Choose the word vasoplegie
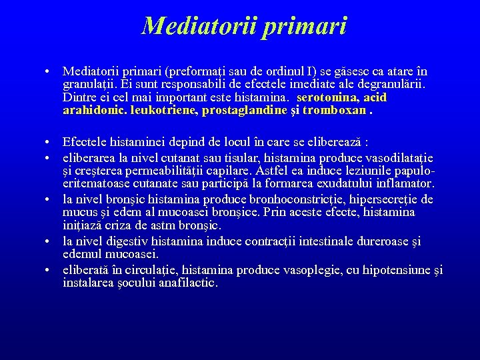pyautogui.click(x=311, y=270)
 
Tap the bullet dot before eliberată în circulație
pyautogui.click(x=50, y=270)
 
